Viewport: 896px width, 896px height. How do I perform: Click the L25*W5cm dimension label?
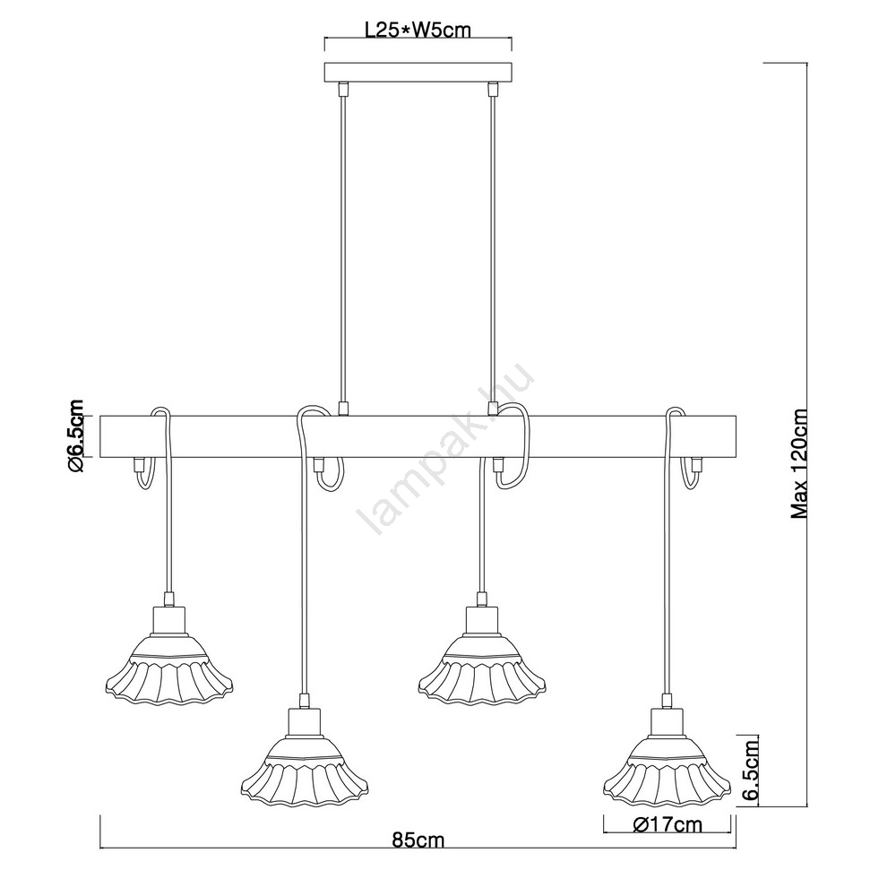pos(418,30)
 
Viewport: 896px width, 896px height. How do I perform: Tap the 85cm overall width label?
pos(418,840)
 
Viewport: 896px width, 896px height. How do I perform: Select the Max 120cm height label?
pos(799,464)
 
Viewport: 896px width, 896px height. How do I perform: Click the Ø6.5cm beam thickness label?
pos(75,436)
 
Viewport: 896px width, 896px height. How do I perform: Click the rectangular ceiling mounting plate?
pos(418,73)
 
